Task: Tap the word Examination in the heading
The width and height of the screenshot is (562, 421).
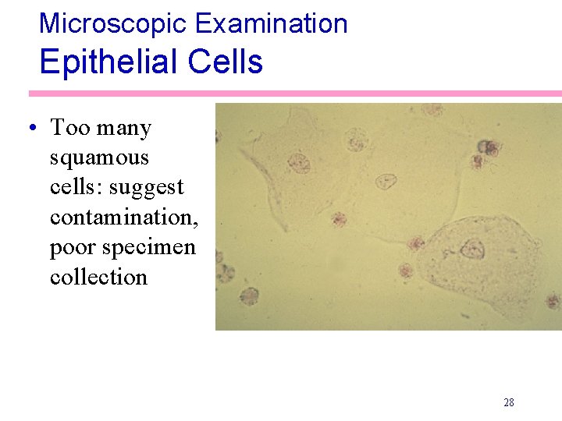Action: point(271,23)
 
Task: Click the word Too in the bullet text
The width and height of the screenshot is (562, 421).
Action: point(67,128)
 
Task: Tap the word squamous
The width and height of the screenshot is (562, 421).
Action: point(99,158)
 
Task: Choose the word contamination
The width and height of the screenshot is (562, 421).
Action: point(124,217)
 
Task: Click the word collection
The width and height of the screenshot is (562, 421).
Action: point(98,277)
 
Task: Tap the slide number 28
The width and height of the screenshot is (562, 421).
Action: point(509,402)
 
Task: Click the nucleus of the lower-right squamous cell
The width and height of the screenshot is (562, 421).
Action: point(471,249)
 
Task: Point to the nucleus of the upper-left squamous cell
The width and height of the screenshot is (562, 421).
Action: point(299,163)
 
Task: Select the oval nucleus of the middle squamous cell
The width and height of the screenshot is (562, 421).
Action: point(386,182)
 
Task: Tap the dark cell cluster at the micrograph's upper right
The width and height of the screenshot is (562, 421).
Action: point(488,148)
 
